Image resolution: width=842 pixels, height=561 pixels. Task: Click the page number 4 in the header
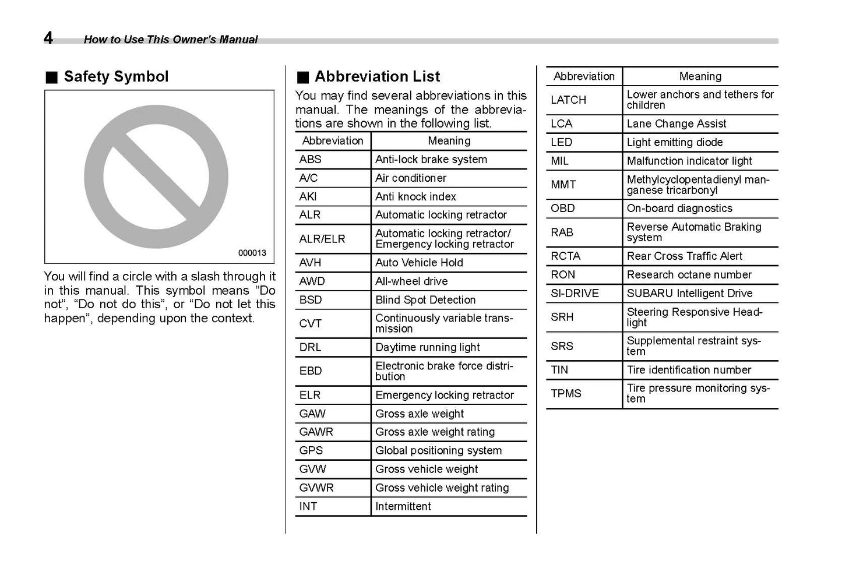[48, 38]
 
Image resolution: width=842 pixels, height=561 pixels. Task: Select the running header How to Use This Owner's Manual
[170, 40]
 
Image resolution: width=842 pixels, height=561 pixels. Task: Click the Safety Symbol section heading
[115, 76]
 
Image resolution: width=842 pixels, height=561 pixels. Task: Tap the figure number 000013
[252, 253]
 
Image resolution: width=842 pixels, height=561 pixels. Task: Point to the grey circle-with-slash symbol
[156, 177]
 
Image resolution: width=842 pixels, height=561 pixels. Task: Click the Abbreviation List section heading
[377, 76]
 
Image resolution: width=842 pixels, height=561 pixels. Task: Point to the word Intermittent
[403, 506]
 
